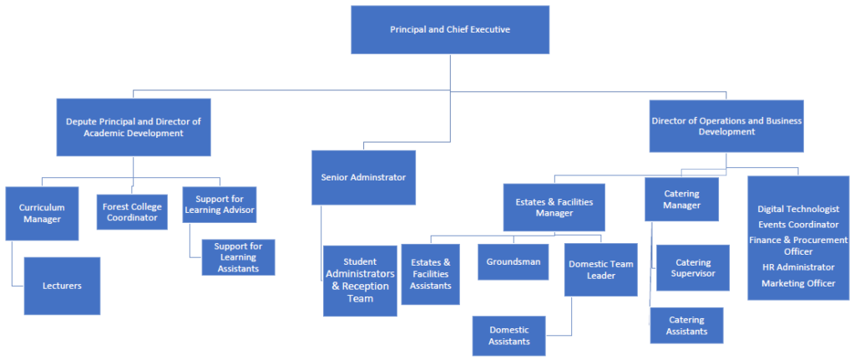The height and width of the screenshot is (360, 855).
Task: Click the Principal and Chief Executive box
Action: [450, 29]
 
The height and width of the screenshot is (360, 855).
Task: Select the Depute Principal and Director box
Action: [134, 127]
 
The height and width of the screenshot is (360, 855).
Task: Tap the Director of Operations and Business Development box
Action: [726, 126]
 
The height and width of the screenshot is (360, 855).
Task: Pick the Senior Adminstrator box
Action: [363, 177]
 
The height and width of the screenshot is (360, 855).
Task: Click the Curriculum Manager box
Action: [43, 214]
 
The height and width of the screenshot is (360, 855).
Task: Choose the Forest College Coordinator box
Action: [132, 212]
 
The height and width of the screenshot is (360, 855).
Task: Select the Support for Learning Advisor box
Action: [220, 205]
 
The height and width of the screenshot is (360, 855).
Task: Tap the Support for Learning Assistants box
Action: [238, 257]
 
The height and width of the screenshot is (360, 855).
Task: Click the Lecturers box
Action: [62, 286]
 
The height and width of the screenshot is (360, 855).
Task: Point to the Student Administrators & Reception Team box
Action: [360, 281]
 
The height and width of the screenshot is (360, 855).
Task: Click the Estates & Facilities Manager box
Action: [554, 206]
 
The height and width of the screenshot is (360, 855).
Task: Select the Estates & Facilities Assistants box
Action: [431, 274]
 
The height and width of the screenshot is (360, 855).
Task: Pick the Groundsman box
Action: [514, 261]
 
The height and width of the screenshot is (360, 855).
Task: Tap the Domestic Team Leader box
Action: [601, 269]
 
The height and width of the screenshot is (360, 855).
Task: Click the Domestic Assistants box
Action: [509, 336]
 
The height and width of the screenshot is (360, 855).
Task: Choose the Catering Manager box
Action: [681, 200]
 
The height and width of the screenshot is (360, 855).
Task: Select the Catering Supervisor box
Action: [693, 267]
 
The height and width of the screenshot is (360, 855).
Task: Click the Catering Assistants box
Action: [686, 326]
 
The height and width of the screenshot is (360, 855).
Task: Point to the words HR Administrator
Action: [797, 267]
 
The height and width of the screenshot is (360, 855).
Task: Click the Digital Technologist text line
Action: [797, 209]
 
